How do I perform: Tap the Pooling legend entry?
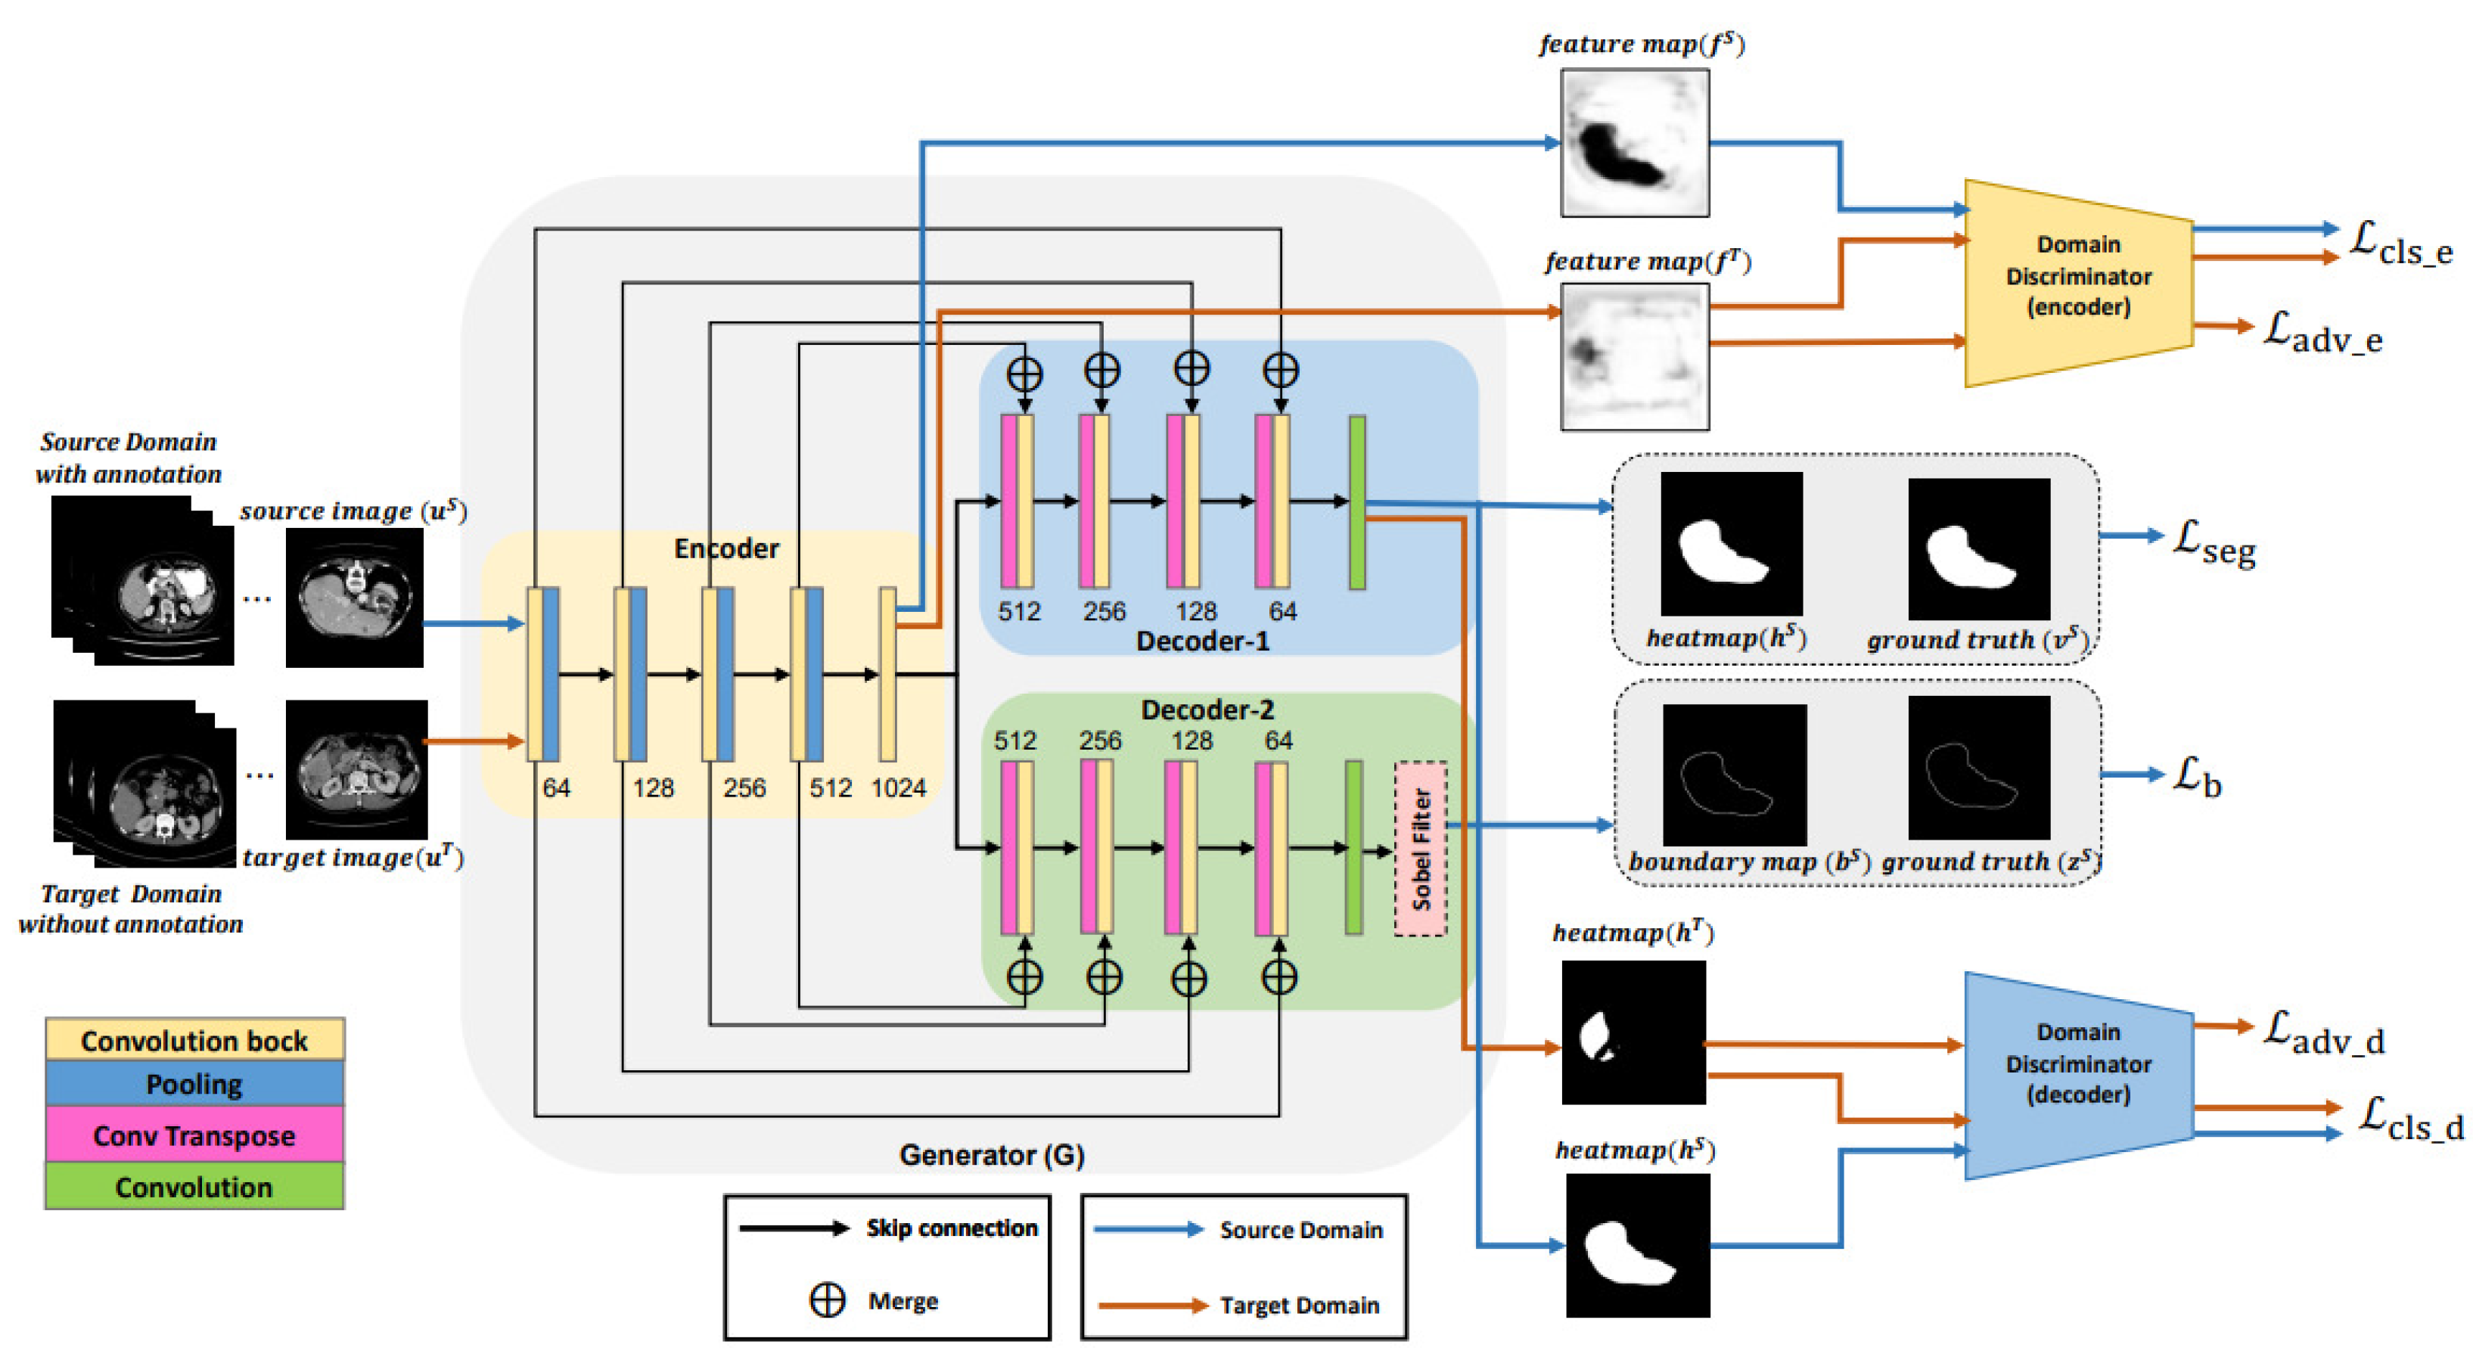click(194, 1084)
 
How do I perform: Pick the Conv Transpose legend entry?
click(194, 1135)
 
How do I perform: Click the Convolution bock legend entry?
click(194, 1039)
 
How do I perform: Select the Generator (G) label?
click(991, 1154)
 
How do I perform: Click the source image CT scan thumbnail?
click(354, 597)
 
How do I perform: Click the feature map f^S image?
click(1634, 142)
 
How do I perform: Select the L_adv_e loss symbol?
click(2321, 332)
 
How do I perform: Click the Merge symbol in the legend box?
click(828, 1299)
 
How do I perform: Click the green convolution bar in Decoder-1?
click(1356, 502)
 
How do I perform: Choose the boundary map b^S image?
click(1734, 775)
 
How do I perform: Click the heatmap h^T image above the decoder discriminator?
click(1633, 1032)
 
